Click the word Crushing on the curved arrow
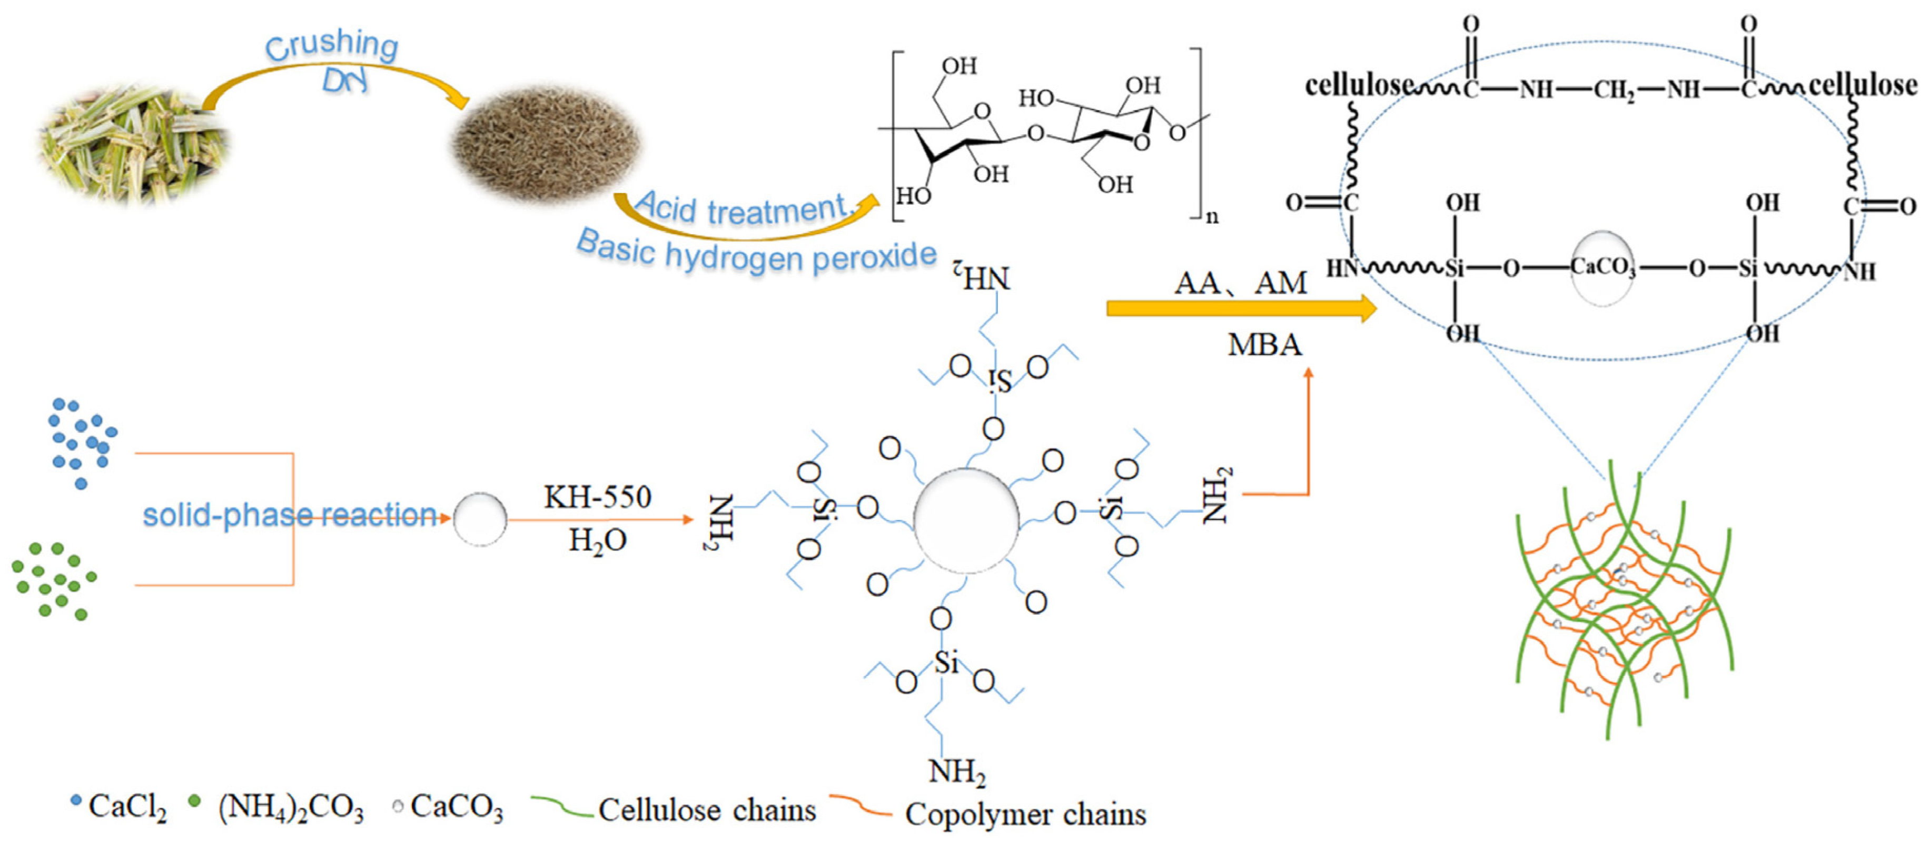pyautogui.click(x=332, y=45)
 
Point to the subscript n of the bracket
pyautogui.click(x=1212, y=217)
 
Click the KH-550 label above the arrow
pyautogui.click(x=598, y=497)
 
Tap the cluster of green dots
pyautogui.click(x=54, y=580)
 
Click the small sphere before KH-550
pyautogui.click(x=480, y=519)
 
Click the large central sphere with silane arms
pyautogui.click(x=966, y=520)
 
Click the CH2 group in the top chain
pyautogui.click(x=1614, y=91)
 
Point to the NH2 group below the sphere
pyautogui.click(x=956, y=771)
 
